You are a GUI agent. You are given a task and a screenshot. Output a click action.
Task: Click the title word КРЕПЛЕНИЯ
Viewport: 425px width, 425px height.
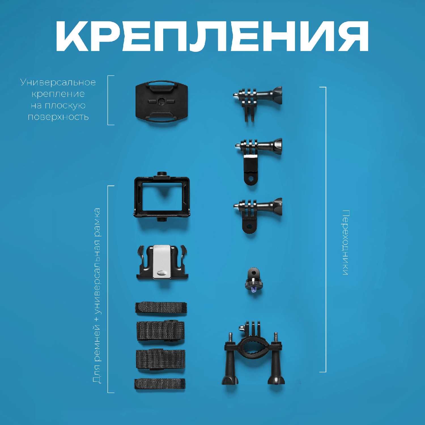pyautogui.click(x=212, y=36)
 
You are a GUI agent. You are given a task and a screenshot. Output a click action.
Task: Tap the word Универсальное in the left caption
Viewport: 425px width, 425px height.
pyautogui.click(x=58, y=82)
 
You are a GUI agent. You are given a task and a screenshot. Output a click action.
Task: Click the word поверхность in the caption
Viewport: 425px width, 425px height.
pyautogui.click(x=58, y=117)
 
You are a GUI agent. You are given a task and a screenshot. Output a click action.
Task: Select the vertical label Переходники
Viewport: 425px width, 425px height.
pyautogui.click(x=345, y=243)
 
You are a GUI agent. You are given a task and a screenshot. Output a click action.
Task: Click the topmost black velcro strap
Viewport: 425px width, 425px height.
pyautogui.click(x=161, y=308)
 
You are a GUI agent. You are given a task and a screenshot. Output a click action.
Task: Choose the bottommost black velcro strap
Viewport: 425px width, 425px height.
pyautogui.click(x=160, y=384)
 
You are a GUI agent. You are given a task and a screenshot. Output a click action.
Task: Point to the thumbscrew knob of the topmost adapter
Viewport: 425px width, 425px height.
pyautogui.click(x=274, y=95)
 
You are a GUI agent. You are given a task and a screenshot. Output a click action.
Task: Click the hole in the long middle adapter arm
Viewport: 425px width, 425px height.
pyautogui.click(x=250, y=179)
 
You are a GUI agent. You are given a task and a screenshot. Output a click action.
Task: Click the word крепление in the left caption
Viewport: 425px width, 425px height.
pyautogui.click(x=58, y=94)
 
